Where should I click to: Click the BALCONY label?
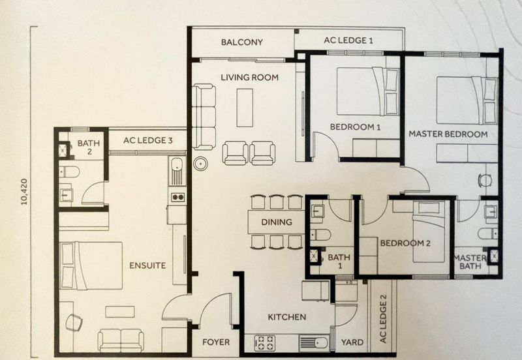click(x=242, y=42)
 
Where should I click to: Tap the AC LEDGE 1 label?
click(x=348, y=40)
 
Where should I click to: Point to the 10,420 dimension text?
click(x=24, y=192)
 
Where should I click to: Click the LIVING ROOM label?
click(x=250, y=78)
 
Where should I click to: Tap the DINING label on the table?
click(x=277, y=222)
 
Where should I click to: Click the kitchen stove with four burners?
click(x=265, y=342)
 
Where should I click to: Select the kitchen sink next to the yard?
click(x=314, y=342)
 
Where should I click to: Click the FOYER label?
click(x=216, y=342)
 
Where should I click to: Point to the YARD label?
click(x=352, y=342)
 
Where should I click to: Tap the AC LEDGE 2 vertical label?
click(x=384, y=319)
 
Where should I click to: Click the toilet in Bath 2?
click(x=69, y=172)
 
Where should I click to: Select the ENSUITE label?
click(x=147, y=265)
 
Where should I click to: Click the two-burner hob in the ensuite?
click(x=177, y=198)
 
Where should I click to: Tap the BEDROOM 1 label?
click(x=355, y=127)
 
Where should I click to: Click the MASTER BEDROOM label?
click(x=448, y=134)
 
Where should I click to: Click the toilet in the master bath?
click(x=488, y=233)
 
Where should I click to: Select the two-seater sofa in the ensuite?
click(x=121, y=340)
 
